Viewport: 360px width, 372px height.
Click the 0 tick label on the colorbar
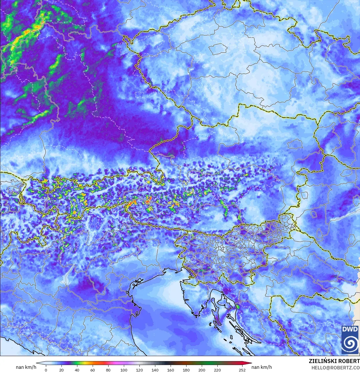[46, 370]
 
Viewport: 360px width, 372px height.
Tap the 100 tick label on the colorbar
[124, 370]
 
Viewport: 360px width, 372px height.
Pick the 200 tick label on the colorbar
[202, 370]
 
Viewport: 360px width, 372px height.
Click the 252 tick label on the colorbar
[242, 370]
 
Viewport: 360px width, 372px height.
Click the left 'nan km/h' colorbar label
[26, 367]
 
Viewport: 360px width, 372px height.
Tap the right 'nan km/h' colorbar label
[262, 367]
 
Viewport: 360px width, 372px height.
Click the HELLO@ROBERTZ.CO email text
[335, 367]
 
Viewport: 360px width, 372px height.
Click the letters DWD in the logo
[350, 329]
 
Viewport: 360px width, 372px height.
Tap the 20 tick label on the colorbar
[61, 370]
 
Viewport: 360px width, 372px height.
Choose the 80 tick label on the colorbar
[108, 370]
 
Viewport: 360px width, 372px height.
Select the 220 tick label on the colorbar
[217, 370]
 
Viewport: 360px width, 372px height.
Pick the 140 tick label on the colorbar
[155, 370]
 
